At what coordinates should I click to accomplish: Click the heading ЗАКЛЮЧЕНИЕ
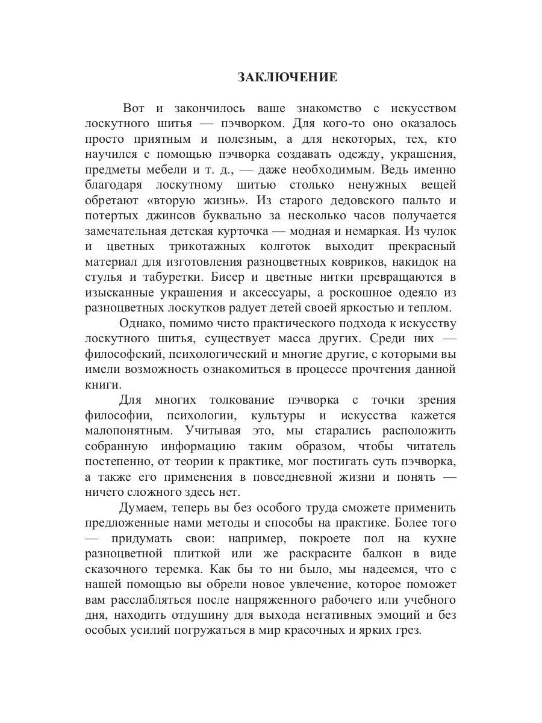(x=287, y=78)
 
